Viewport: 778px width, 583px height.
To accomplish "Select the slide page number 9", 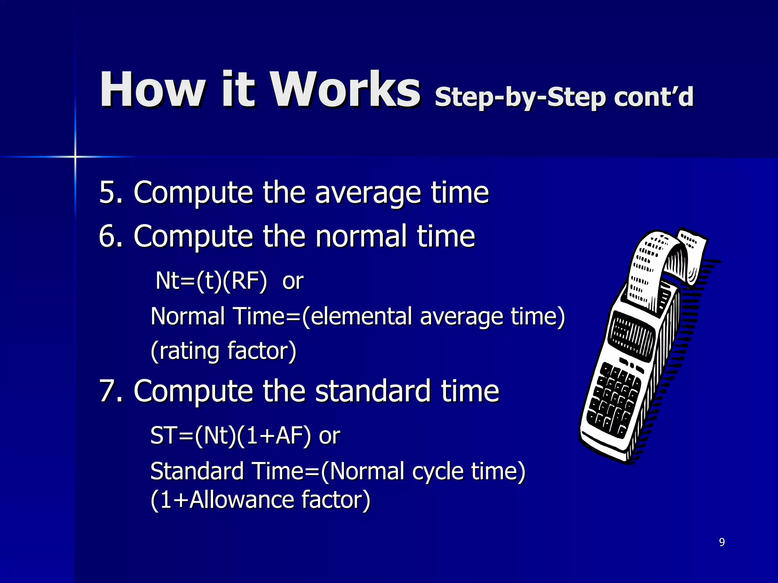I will (722, 542).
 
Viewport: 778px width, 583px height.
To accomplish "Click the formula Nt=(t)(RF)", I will (211, 281).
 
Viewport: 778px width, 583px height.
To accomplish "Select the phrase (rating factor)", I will (223, 351).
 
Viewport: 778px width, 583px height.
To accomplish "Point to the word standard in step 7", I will (373, 391).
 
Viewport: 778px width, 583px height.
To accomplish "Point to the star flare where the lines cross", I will (75, 156).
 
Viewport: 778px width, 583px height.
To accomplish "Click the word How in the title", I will (152, 90).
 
